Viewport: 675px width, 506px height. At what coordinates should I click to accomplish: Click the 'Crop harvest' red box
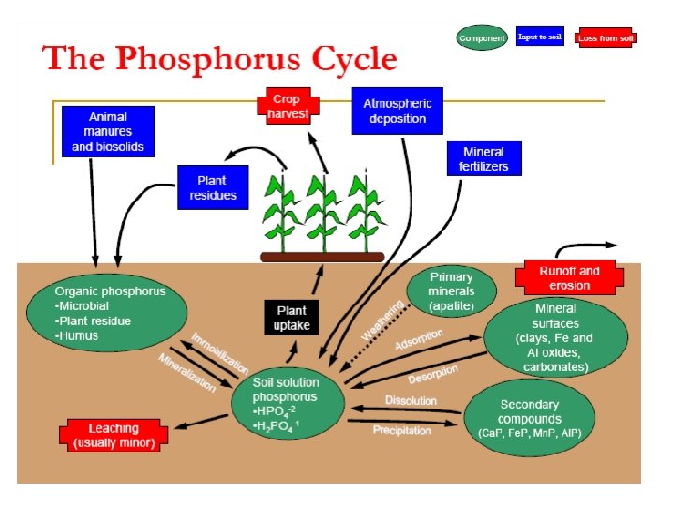[288, 106]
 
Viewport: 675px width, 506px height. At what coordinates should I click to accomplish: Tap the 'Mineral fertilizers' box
[483, 159]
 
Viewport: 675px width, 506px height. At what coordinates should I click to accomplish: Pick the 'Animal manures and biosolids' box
[108, 132]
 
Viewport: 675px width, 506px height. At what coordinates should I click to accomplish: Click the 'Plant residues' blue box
[214, 188]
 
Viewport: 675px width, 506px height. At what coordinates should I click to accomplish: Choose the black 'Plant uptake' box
[292, 318]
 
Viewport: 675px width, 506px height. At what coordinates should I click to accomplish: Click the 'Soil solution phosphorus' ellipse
[287, 404]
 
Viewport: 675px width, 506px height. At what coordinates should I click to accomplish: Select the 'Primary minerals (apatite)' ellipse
[451, 291]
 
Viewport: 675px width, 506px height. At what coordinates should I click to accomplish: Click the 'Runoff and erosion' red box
[564, 277]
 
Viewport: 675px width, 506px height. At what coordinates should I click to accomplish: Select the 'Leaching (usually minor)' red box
[114, 435]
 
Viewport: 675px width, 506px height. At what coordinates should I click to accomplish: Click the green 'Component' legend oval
[481, 37]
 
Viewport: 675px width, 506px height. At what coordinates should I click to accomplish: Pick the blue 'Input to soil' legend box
[540, 37]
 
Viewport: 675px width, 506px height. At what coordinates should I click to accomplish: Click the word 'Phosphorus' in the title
[208, 59]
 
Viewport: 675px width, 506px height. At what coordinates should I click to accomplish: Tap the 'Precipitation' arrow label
[401, 431]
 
